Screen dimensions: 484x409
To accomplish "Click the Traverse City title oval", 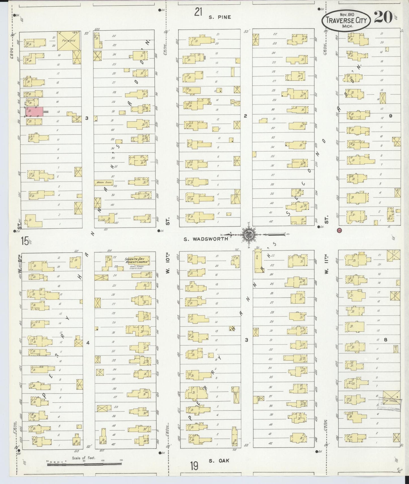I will [x=346, y=20].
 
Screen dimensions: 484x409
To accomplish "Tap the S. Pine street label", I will [x=220, y=17].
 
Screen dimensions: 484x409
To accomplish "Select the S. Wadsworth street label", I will [x=206, y=239].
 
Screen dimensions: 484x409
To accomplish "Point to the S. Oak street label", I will [x=219, y=461].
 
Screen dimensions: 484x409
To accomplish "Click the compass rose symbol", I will [x=249, y=234].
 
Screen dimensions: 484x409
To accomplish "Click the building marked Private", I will [x=69, y=40].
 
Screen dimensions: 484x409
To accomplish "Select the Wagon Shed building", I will [x=104, y=183].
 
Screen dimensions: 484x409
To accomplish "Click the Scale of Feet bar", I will [x=84, y=463].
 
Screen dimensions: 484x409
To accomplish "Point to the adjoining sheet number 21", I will [x=198, y=12].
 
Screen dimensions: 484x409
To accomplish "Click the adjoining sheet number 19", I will [x=194, y=466].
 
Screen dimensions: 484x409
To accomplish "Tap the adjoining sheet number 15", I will [x=25, y=241].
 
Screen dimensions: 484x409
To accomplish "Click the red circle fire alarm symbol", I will [x=340, y=230].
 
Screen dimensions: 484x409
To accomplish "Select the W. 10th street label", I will [x=168, y=267].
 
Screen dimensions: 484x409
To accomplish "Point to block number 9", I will [x=391, y=115].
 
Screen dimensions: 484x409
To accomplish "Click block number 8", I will [x=385, y=340].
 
